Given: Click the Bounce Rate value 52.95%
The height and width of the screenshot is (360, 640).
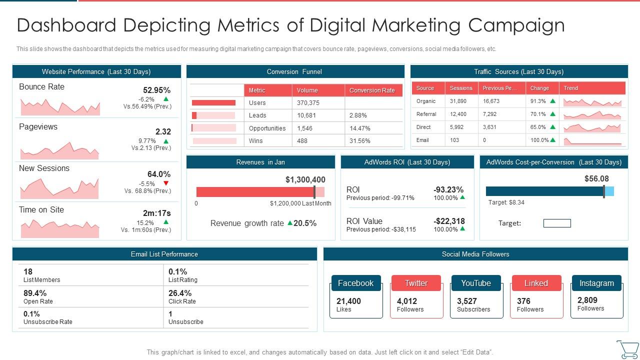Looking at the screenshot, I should (x=156, y=90).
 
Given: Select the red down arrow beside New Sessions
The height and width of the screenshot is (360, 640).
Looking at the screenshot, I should (x=166, y=183).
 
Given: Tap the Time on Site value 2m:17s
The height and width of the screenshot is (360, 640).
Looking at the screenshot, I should (x=156, y=213).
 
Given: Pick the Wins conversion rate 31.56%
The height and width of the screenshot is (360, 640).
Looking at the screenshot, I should (x=359, y=141).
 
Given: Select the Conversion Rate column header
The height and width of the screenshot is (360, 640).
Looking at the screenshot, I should (x=372, y=90).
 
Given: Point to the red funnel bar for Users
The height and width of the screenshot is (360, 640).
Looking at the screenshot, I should (x=213, y=103).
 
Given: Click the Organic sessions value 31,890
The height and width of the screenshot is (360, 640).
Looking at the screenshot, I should (x=458, y=101).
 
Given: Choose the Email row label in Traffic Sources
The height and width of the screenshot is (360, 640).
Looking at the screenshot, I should (x=422, y=140).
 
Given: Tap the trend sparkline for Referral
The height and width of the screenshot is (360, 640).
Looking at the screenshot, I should (x=592, y=115).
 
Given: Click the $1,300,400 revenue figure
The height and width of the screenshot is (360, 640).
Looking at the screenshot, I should (x=305, y=179).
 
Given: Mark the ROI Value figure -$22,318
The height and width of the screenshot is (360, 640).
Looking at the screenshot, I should (x=448, y=221).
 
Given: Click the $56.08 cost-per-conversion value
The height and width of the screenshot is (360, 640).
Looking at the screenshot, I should (x=596, y=178).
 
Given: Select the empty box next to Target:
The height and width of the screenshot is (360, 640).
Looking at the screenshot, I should (x=557, y=223).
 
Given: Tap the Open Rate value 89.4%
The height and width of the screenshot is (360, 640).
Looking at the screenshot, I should (x=35, y=293).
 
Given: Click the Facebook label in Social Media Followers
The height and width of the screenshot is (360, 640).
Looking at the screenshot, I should (x=355, y=283).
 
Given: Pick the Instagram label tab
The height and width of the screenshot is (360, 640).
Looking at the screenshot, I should (x=596, y=283).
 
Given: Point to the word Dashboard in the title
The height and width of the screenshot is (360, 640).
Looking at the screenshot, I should (x=66, y=25).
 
